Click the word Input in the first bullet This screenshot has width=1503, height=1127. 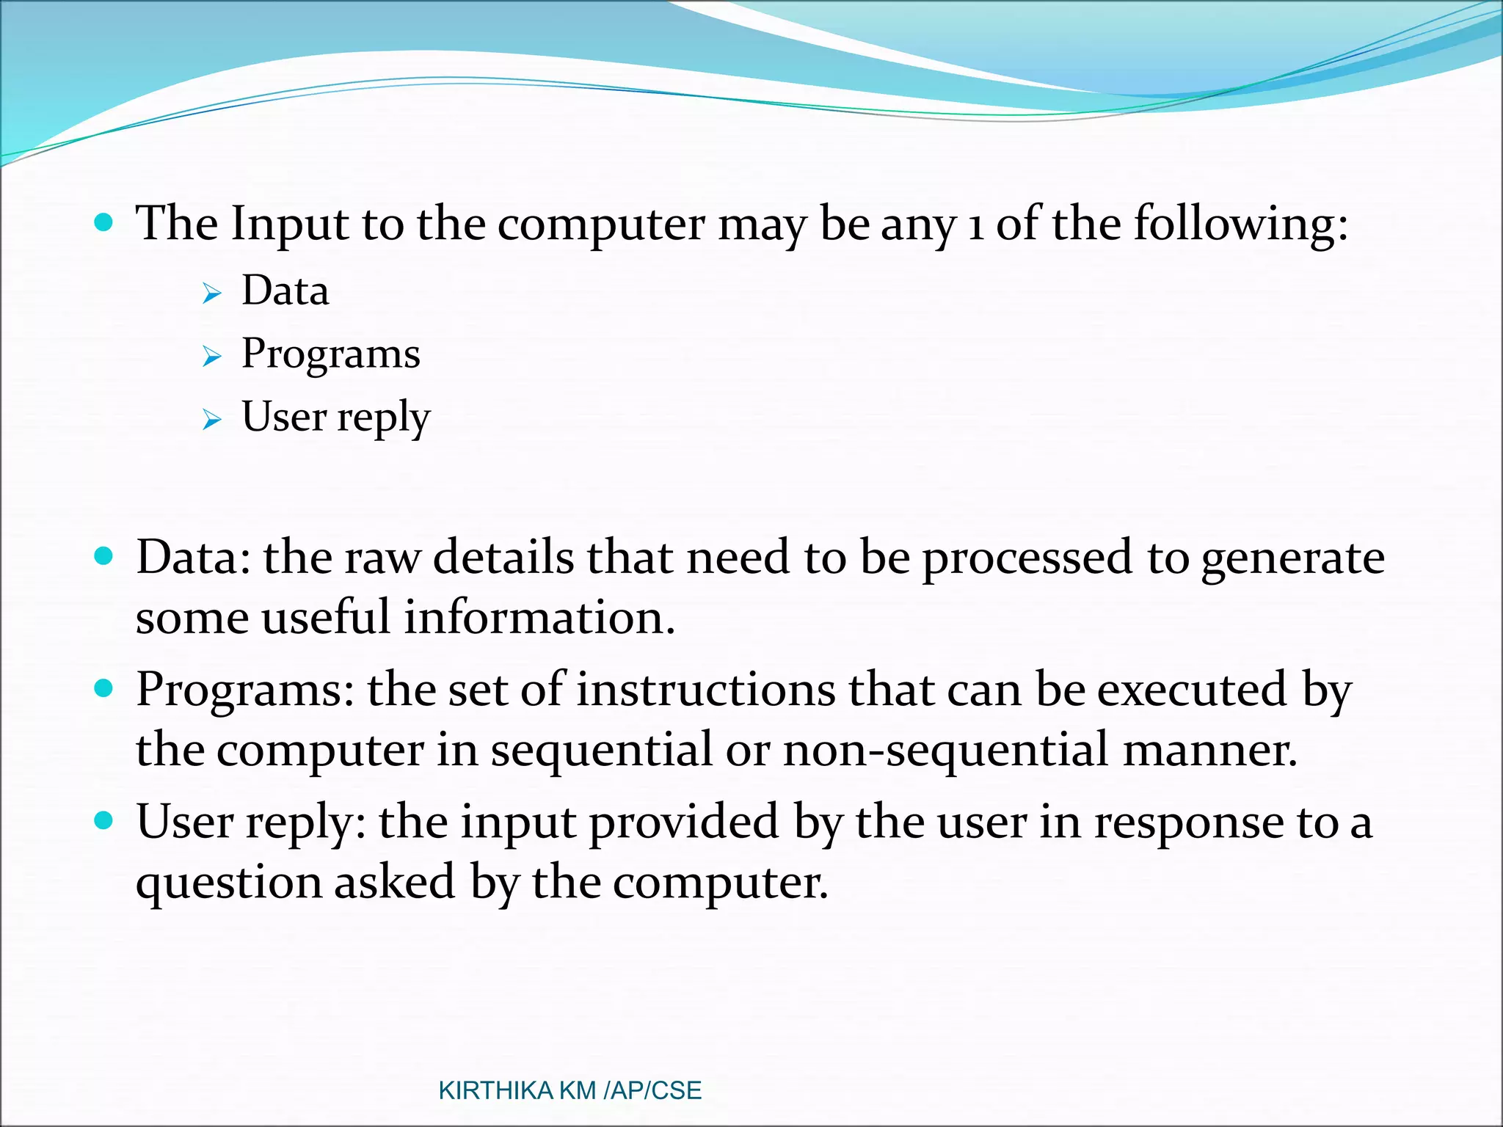point(289,225)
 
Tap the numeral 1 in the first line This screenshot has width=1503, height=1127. point(975,227)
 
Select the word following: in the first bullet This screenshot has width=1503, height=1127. point(1240,225)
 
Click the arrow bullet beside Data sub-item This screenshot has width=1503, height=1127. point(211,294)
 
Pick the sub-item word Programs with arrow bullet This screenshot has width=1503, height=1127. point(330,354)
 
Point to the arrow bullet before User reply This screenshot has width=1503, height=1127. point(211,420)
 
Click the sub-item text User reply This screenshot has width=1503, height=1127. point(335,417)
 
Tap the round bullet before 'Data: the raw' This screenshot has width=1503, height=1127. point(104,556)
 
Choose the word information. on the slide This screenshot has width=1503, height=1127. point(539,618)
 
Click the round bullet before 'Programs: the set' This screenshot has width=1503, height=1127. point(104,688)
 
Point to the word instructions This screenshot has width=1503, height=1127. point(705,690)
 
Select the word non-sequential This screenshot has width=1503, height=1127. point(946,751)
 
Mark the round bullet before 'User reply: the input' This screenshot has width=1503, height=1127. point(104,820)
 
